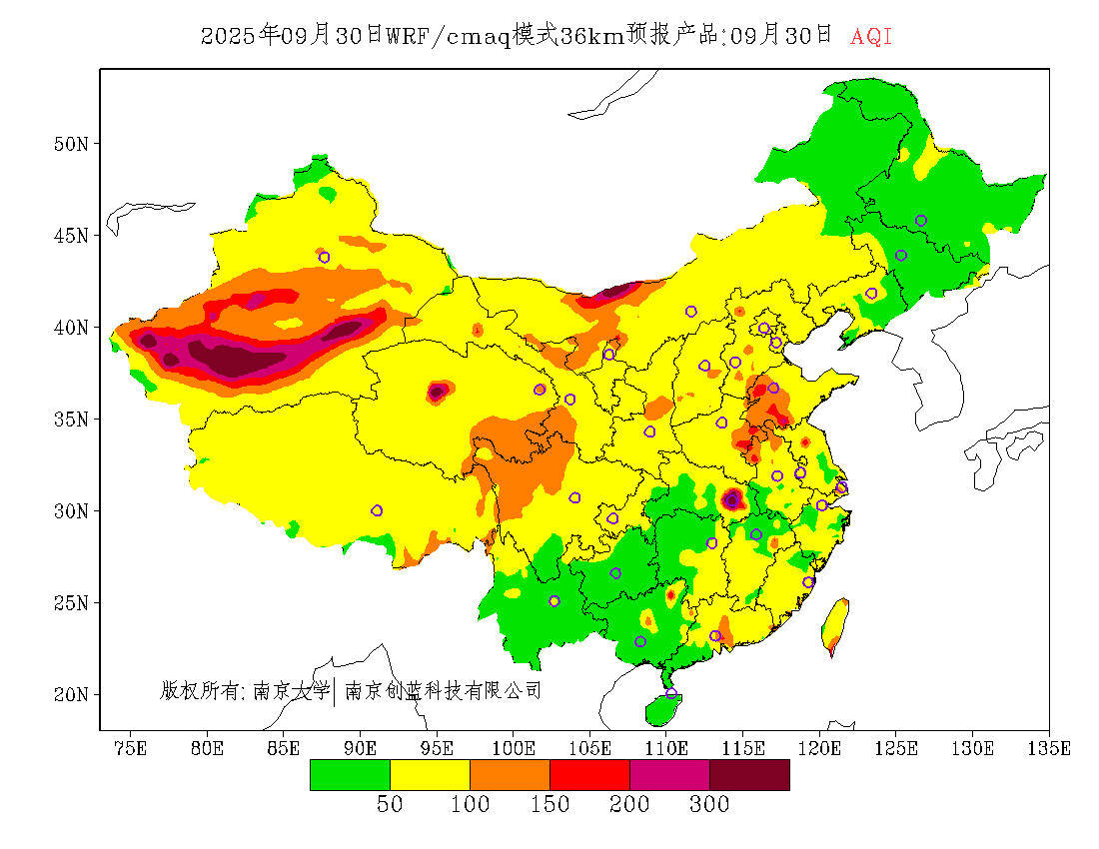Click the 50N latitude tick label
71,144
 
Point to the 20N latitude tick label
71,694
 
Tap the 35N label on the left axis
71,419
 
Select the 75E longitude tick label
130,748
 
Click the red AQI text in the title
871,37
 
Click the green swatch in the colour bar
350,775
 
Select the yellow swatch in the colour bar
430,775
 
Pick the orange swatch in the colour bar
510,775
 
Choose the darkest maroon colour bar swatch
749,775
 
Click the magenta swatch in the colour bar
669,775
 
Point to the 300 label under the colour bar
709,805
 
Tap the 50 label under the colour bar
390,805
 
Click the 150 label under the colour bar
549,805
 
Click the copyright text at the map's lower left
351,690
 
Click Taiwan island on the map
835,625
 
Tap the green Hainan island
662,709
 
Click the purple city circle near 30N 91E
377,510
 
